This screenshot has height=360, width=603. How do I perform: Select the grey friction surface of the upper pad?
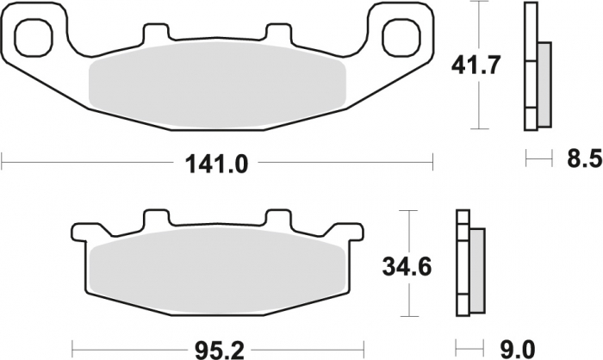(x=217, y=84)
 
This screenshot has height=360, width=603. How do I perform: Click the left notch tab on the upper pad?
(x=155, y=34)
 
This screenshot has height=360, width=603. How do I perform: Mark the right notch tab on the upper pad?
(x=278, y=34)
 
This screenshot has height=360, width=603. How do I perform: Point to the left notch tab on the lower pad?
(x=155, y=220)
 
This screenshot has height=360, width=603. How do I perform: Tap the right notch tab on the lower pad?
(x=278, y=220)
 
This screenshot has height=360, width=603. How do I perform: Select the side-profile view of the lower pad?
(x=469, y=263)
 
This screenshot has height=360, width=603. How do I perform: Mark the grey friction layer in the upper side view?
(x=544, y=83)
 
